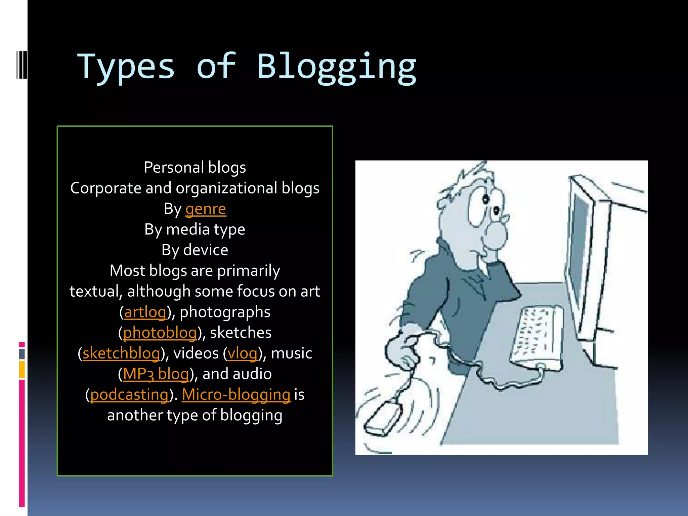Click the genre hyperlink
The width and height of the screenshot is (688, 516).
tap(206, 209)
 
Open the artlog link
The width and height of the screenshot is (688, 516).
tap(145, 312)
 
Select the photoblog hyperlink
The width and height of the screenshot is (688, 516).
tap(160, 333)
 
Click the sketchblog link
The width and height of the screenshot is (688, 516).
tap(121, 353)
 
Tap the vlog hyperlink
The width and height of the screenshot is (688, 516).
tap(242, 353)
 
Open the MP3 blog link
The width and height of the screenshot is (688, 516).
tap(156, 374)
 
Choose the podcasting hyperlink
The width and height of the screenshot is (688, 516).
tap(129, 395)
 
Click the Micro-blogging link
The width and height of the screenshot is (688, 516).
tap(236, 395)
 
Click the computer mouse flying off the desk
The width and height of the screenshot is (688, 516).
tap(383, 418)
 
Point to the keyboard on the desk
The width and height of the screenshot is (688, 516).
tap(536, 336)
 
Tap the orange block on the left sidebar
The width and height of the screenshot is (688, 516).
tap(22, 370)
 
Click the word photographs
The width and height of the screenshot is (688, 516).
tap(225, 312)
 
